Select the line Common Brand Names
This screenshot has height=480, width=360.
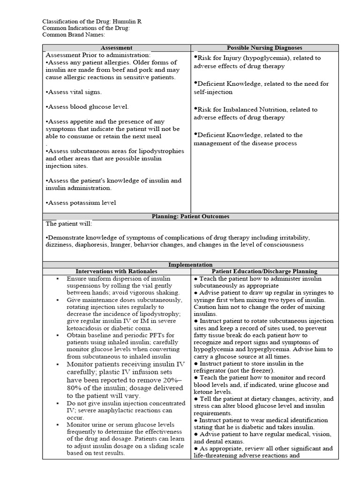pyautogui.click(x=74, y=34)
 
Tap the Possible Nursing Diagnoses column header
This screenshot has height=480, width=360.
pyautogui.click(x=264, y=48)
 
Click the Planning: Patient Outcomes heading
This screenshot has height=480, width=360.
pyautogui.click(x=190, y=217)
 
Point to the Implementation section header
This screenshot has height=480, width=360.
pyautogui.click(x=190, y=265)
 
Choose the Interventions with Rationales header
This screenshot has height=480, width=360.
pyautogui.click(x=116, y=271)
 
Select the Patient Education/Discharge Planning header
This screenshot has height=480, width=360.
pyautogui.click(x=264, y=271)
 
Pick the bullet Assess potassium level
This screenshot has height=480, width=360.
pyautogui.click(x=81, y=202)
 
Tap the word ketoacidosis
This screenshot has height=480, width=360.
pyautogui.click(x=86, y=328)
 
